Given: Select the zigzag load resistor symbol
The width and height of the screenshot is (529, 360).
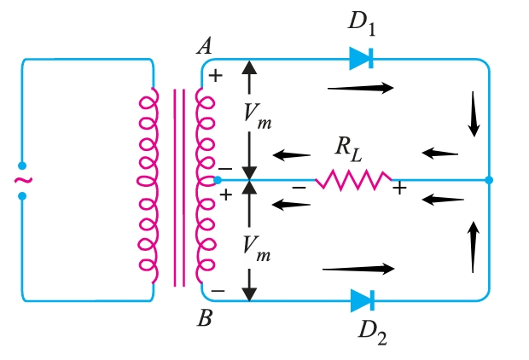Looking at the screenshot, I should [353, 180].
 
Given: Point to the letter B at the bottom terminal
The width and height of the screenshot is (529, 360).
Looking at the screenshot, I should [205, 319].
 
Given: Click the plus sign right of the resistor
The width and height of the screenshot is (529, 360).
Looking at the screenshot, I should [398, 189].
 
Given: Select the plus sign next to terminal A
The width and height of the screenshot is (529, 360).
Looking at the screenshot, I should [216, 75].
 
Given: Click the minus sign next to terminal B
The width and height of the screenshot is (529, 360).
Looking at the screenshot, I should [218, 291].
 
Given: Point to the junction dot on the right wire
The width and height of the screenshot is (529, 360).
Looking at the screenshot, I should [488, 180].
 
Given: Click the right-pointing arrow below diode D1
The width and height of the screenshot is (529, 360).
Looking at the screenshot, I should [360, 87].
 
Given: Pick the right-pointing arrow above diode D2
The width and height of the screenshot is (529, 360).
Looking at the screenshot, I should [358, 269].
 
